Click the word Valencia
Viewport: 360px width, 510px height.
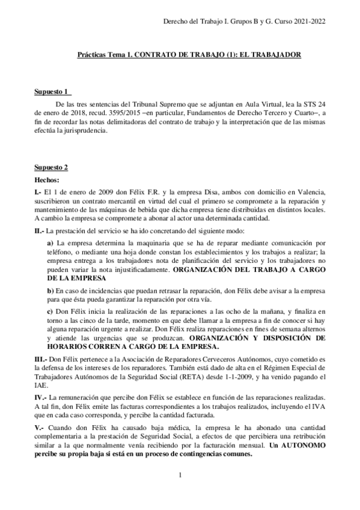(308, 191)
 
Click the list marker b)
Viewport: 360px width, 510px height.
(50, 290)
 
